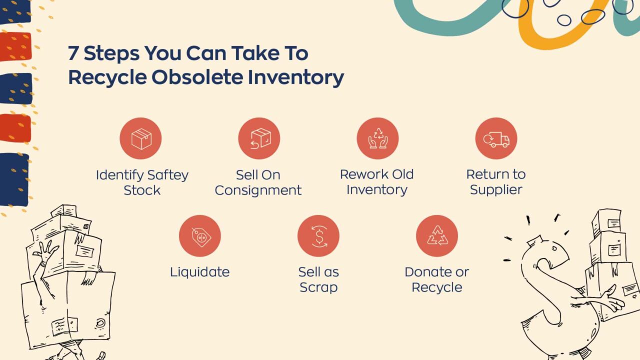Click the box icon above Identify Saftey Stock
pos(140,138)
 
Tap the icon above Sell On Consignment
pos(259,138)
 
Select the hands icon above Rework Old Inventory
pos(377,138)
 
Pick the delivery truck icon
pos(496,138)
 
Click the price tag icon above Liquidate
pos(200,236)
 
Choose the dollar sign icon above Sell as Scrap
pos(318,236)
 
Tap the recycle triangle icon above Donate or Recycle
pos(437,236)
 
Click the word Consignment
pos(258,190)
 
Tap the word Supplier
pos(496,190)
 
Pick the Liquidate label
pos(200,272)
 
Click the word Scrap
pos(318,287)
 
